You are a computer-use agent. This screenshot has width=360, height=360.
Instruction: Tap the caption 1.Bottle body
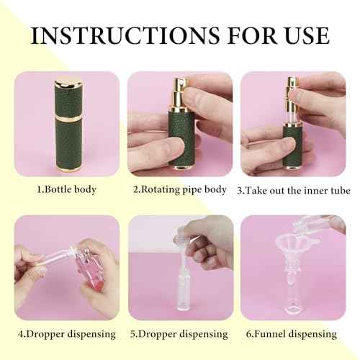67,190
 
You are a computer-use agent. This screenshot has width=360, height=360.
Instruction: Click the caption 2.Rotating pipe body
179,190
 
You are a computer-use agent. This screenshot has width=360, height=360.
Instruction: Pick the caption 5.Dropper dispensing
179,334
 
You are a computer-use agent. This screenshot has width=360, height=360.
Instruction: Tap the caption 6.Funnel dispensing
292,334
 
